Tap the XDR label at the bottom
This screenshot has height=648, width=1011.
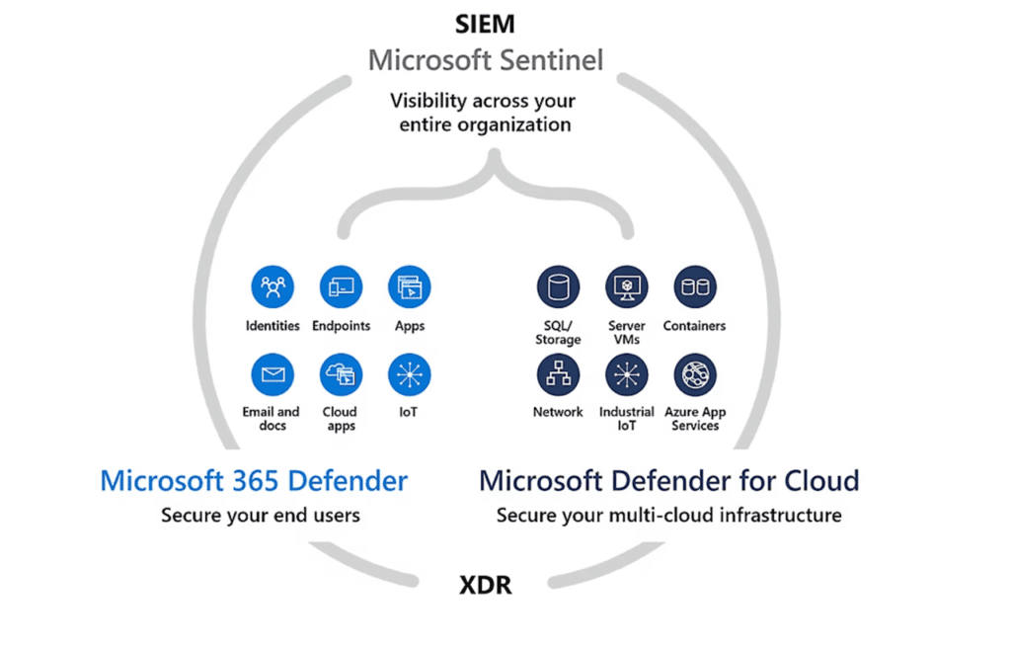click(x=486, y=585)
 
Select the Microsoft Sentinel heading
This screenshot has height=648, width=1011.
click(x=485, y=60)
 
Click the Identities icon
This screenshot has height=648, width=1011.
click(x=272, y=287)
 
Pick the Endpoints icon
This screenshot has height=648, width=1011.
click(x=341, y=287)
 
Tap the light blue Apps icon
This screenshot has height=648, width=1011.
click(x=409, y=287)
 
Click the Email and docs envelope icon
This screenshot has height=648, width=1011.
click(x=272, y=374)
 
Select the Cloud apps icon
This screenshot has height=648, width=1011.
click(x=341, y=374)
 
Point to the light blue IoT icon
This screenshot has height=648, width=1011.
click(x=409, y=374)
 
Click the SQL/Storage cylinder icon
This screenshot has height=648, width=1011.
click(x=559, y=287)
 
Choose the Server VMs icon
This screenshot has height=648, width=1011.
click(x=627, y=287)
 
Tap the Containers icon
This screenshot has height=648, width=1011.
click(x=695, y=287)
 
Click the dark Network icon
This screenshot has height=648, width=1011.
click(x=559, y=374)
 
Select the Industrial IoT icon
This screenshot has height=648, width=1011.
click(x=627, y=374)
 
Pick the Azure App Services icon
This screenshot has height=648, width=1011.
click(x=695, y=374)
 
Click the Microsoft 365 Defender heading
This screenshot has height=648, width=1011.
click(x=254, y=481)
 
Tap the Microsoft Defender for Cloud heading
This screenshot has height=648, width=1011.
click(x=668, y=481)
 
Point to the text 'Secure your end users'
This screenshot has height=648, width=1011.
click(x=261, y=515)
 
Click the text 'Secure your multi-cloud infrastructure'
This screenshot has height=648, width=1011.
click(x=668, y=515)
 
